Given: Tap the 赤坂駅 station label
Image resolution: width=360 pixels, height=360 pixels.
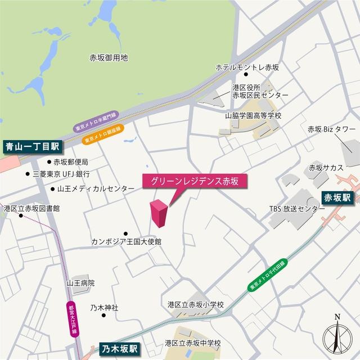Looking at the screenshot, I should (337, 197).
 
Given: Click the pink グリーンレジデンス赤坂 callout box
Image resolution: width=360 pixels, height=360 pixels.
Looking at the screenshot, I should (195, 181).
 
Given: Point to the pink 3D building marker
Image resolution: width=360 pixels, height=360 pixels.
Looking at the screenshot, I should (158, 213).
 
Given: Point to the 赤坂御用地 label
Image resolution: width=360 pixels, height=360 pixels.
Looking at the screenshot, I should (109, 57).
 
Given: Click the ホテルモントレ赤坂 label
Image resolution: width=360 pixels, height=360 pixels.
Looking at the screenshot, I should (247, 67).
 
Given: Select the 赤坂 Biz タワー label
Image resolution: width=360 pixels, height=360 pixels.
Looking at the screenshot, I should (328, 129).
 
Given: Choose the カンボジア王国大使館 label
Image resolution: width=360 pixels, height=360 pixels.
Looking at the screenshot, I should (127, 241).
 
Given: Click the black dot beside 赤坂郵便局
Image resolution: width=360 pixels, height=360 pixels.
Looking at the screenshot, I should (49, 161).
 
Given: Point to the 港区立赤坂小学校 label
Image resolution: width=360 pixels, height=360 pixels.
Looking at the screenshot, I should (196, 304).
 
